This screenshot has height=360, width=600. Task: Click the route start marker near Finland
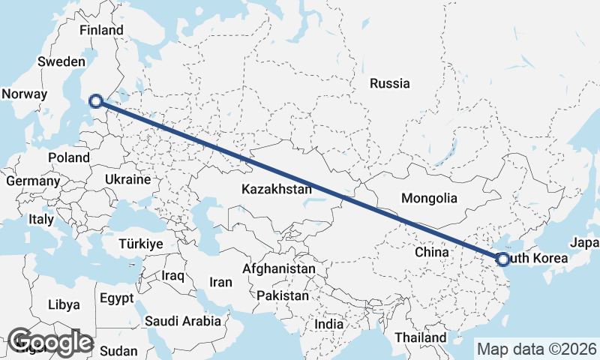(x=95, y=101)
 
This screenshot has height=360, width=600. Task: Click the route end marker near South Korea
(x=503, y=259)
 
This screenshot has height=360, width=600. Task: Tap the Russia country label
(x=389, y=83)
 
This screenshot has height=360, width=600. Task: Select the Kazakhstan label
(x=276, y=190)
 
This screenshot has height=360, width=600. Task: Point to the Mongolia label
(x=429, y=199)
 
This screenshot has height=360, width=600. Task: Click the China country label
(x=431, y=253)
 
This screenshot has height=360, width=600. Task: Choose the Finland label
(x=101, y=31)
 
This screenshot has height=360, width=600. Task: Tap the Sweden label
(x=62, y=61)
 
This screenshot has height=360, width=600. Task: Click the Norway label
(x=24, y=94)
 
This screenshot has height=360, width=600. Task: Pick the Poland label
(x=68, y=158)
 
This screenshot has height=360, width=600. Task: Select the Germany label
(x=32, y=181)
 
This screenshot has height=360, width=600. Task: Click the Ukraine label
(x=128, y=180)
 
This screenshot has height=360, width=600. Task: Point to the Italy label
(x=40, y=220)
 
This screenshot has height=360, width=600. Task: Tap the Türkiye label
(x=140, y=244)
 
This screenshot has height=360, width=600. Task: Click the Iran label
(x=220, y=283)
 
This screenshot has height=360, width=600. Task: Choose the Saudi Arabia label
(x=184, y=321)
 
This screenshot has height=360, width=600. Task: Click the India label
(x=328, y=325)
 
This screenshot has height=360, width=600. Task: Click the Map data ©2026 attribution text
(x=536, y=349)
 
